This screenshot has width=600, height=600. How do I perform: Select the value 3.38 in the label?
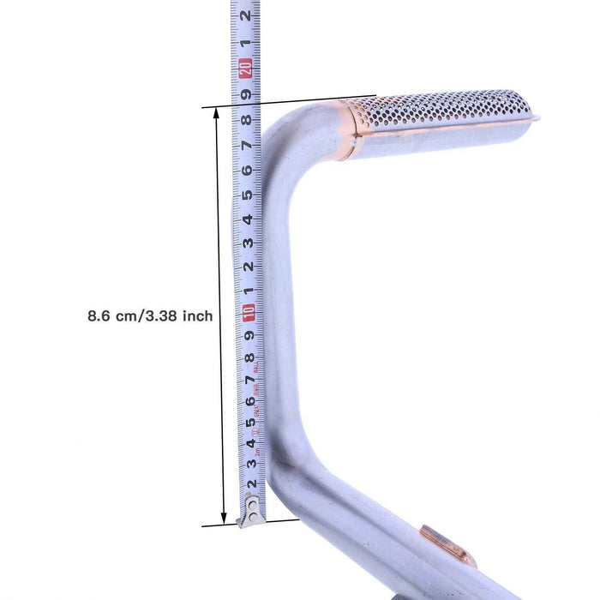coord(171,316)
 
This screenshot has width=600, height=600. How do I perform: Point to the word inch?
coord(197,316)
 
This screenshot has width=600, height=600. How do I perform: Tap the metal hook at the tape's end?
coord(254,513)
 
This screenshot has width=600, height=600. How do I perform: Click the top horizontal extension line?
coord(291,101)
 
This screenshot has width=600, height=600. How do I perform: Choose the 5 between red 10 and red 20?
coord(248,195)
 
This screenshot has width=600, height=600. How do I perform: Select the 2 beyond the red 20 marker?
coord(246,16)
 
